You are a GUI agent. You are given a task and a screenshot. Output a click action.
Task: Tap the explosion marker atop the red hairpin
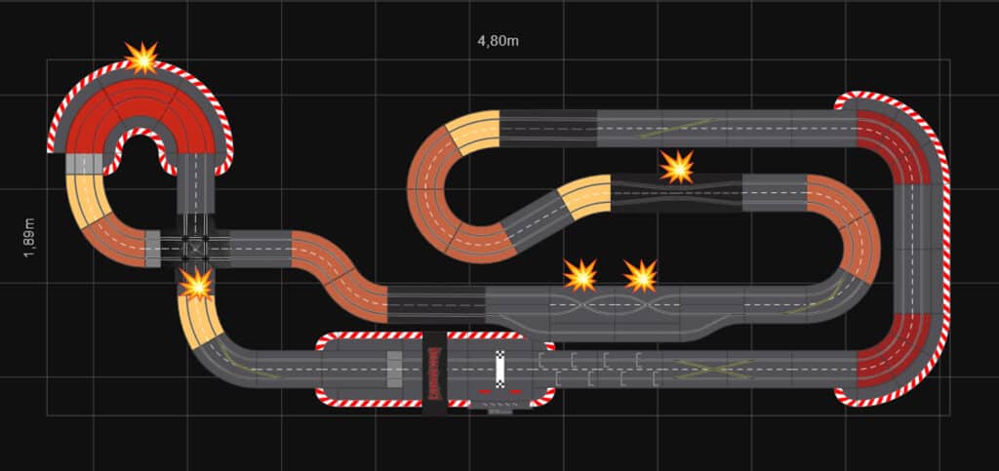142,58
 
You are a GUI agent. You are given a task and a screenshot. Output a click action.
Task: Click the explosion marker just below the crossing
196,284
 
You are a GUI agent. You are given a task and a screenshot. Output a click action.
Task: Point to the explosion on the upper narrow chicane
676,167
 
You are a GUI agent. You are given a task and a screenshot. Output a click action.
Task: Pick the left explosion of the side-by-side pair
580,275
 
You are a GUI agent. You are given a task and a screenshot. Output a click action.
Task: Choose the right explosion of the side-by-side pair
641,276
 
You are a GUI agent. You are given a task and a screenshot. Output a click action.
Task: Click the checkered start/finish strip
500,371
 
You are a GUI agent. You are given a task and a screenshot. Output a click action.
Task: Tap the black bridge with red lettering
434,372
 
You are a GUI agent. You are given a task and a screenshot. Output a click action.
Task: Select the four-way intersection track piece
195,248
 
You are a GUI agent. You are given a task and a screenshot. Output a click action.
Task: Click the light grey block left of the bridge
394,371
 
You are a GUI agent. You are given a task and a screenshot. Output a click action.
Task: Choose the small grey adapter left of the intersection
152,248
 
